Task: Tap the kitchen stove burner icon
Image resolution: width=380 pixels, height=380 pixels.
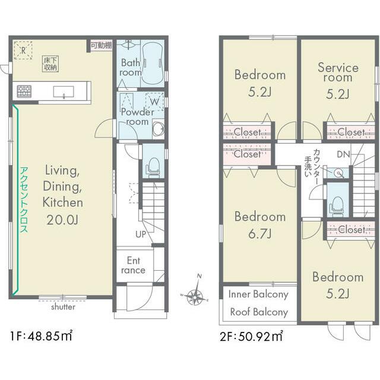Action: point(24,91)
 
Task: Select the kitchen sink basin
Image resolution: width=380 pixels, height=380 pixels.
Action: point(64,92)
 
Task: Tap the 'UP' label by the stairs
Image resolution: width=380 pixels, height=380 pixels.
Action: point(141,235)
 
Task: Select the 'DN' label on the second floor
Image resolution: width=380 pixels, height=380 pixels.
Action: point(343,154)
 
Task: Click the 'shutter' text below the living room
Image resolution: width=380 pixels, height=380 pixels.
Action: point(63,307)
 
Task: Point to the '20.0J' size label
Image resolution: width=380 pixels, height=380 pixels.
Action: point(62,220)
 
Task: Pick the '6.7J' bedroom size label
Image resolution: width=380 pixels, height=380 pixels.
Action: point(259,233)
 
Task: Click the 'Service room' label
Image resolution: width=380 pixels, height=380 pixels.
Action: point(338,72)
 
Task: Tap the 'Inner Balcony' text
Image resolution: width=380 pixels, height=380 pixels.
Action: point(258,294)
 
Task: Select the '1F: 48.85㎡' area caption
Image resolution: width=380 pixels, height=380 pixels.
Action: point(41,336)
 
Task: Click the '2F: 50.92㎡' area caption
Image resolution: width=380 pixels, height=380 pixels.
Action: point(251,336)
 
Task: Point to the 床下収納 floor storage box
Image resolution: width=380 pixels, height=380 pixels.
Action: point(50,64)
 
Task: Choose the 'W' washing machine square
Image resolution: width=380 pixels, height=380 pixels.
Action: point(154,102)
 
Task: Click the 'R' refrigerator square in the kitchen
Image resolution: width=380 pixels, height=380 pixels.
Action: point(23,50)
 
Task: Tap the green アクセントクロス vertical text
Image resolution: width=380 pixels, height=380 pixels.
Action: point(24,199)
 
